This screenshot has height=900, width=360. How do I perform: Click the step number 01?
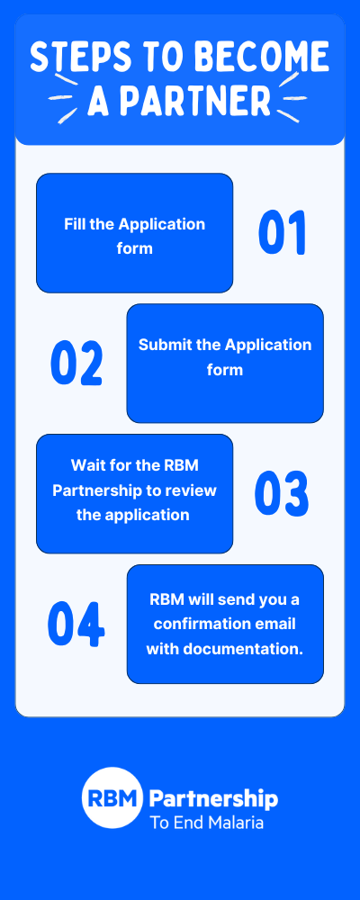(x=282, y=232)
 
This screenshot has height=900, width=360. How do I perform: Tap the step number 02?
(x=76, y=363)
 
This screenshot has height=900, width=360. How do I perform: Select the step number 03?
(x=282, y=493)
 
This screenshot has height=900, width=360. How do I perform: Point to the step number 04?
(x=76, y=624)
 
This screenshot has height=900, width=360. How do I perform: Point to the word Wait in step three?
(x=85, y=464)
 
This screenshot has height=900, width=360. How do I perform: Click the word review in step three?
(x=195, y=490)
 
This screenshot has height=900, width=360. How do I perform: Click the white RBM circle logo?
(x=112, y=797)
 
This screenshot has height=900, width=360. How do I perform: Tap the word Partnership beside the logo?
(x=213, y=799)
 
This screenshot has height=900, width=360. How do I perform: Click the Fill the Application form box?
(x=134, y=233)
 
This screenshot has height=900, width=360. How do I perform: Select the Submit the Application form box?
(x=225, y=364)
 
